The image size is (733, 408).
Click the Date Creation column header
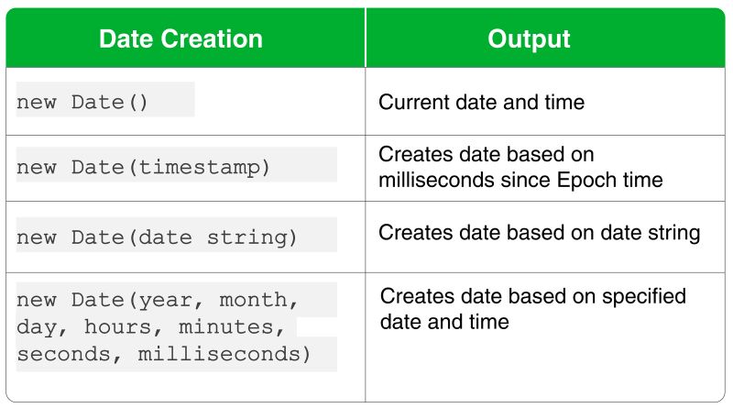click(x=181, y=39)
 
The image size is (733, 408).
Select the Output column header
click(x=529, y=39)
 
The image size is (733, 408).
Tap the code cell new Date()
click(x=82, y=103)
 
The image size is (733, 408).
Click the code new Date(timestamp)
click(x=144, y=168)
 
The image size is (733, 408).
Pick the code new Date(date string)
click(x=157, y=237)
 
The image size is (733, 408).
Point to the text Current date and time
click(x=481, y=102)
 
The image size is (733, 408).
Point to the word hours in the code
click(x=118, y=326)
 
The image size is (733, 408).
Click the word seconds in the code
click(x=63, y=353)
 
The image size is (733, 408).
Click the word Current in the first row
click(x=411, y=102)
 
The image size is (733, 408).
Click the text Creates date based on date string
click(x=539, y=233)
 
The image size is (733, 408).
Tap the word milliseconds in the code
click(x=219, y=353)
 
